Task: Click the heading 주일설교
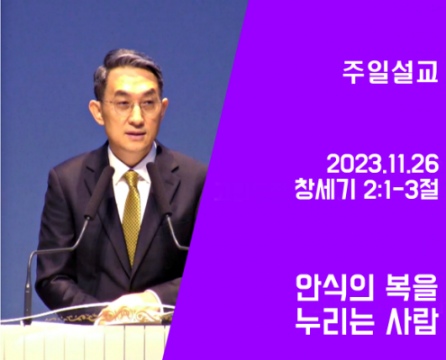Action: point(390,72)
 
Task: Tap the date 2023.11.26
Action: point(382,165)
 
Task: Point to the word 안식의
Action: point(334,288)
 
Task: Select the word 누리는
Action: point(335,322)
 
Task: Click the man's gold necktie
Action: point(132,216)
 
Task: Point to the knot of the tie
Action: point(132,177)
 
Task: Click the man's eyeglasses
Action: point(132,106)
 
